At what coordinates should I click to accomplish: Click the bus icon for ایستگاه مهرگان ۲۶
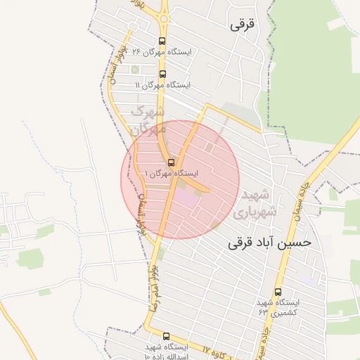pyautogui.click(x=162, y=41)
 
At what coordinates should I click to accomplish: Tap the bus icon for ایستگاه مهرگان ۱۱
pyautogui.click(x=162, y=74)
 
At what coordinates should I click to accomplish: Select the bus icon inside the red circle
pyautogui.click(x=171, y=162)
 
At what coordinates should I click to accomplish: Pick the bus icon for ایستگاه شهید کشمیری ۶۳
pyautogui.click(x=278, y=292)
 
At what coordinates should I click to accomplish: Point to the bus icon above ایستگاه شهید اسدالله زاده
pyautogui.click(x=166, y=337)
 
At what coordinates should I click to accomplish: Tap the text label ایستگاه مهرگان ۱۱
pyautogui.click(x=163, y=85)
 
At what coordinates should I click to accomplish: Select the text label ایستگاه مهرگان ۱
pyautogui.click(x=171, y=173)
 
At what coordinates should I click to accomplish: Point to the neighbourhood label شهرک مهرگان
pyautogui.click(x=148, y=120)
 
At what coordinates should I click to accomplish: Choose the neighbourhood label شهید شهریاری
pyautogui.click(x=259, y=202)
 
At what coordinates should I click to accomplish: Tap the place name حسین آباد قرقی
pyautogui.click(x=269, y=243)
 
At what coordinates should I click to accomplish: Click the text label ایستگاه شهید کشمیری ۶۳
pyautogui.click(x=277, y=307)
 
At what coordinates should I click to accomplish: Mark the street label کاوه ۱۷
pyautogui.click(x=218, y=351)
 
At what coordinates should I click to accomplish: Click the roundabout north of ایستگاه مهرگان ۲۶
pyautogui.click(x=165, y=18)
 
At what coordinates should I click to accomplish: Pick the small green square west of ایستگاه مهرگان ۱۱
pyautogui.click(x=135, y=69)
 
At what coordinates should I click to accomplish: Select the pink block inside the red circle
pyautogui.click(x=186, y=198)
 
